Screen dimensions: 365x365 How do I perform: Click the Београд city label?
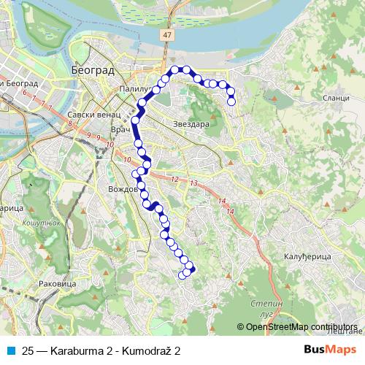[93, 70]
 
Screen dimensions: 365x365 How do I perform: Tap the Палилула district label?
[136, 91]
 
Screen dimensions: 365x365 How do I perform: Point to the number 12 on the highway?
[174, 179]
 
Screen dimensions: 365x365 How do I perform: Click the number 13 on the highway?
[193, 182]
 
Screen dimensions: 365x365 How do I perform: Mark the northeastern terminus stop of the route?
[232, 101]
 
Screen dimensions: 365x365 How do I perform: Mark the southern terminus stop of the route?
[182, 274]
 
